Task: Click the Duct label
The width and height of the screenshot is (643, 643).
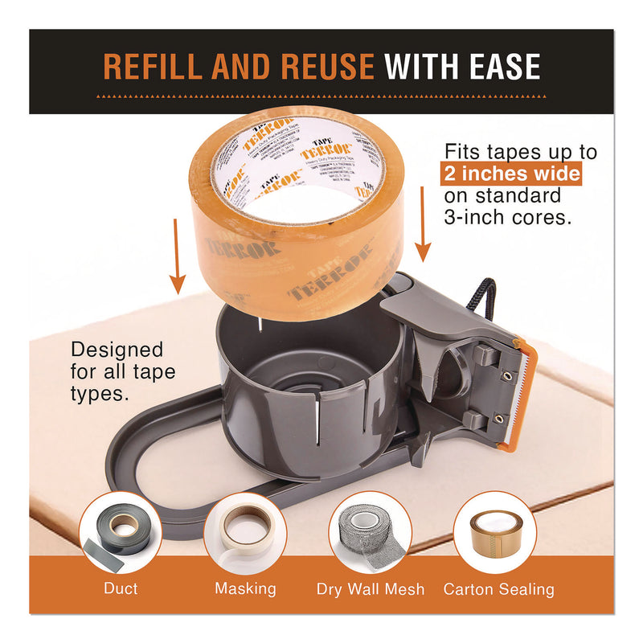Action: coord(121,589)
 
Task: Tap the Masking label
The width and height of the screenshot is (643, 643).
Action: coord(245,589)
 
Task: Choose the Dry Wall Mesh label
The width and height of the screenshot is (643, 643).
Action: coord(370,589)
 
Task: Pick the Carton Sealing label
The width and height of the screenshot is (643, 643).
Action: coord(498,589)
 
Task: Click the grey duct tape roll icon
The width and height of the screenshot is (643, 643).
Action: coord(120,530)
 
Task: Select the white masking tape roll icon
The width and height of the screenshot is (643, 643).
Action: coord(245,530)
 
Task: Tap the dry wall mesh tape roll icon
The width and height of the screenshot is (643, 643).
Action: coord(370,530)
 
